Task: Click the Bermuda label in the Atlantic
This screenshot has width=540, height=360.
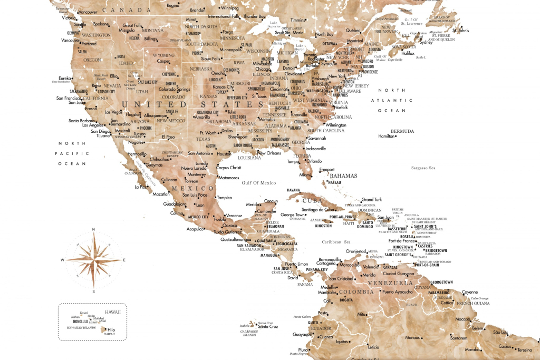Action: coord(402,131)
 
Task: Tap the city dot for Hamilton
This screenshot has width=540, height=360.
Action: coord(396,137)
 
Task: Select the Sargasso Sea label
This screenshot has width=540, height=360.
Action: coord(423,168)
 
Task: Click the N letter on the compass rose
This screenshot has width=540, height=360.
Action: coord(93,229)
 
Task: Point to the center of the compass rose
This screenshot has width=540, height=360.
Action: coord(94,260)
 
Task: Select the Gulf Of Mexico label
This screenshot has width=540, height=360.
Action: coord(258,182)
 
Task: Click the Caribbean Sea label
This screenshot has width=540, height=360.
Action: coord(336,241)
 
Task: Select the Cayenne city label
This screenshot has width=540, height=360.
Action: coord(470,291)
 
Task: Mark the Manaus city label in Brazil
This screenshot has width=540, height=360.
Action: coord(412,337)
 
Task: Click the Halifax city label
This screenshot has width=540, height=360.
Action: coord(408,53)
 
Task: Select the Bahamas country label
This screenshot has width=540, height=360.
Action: coord(344,176)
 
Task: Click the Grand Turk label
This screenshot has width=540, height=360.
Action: coord(371,200)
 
